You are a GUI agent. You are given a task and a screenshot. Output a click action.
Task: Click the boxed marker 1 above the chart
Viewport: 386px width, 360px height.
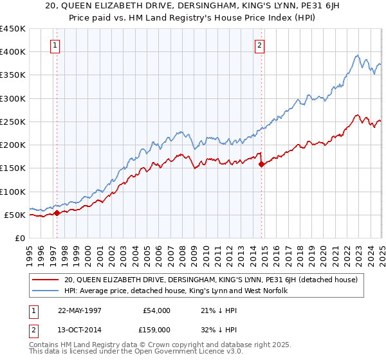coord(56,46)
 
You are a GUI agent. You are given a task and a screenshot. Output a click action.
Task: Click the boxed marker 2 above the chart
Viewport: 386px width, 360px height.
coord(259,46)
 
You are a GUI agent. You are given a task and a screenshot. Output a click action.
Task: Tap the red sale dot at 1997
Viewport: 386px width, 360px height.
coord(57,213)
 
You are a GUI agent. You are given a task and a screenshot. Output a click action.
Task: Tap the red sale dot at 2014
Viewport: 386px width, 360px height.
coord(261,165)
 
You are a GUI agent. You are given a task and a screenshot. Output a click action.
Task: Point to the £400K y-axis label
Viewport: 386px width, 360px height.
coord(13,52)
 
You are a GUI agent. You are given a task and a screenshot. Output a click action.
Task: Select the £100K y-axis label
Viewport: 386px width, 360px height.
coord(13,192)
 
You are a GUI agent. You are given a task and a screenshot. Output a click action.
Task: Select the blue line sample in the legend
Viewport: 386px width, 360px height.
coord(46,291)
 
